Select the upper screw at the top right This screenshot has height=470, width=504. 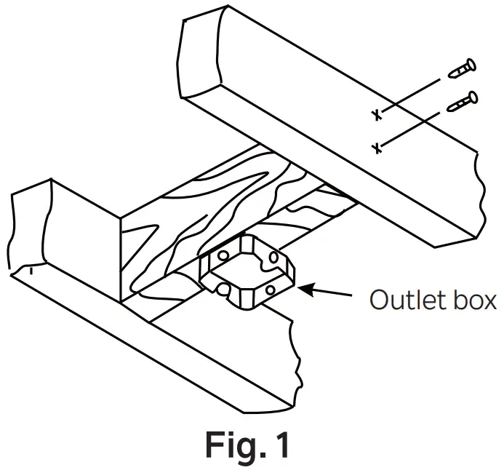click(462, 69)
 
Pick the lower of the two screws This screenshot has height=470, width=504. click(463, 102)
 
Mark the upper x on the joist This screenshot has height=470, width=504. click(376, 115)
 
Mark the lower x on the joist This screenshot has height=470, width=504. click(376, 148)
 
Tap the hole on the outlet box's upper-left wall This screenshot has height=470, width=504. click(222, 256)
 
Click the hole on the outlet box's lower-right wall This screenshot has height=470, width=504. click(271, 290)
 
